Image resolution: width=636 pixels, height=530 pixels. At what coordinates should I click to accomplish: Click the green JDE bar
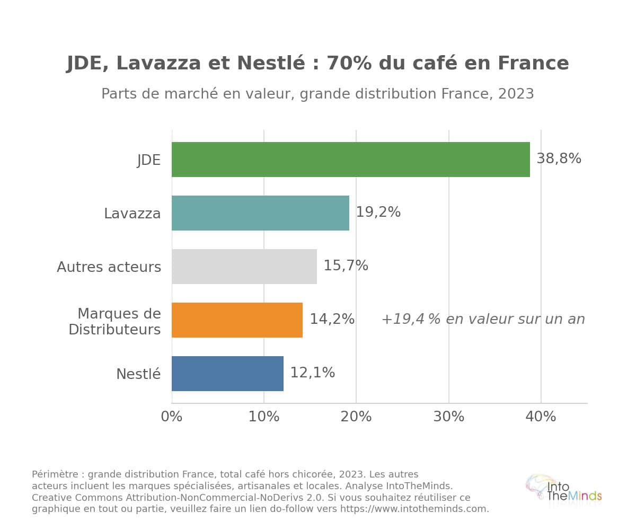pos(350,160)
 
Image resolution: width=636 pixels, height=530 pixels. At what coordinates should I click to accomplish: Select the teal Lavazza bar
pos(260,213)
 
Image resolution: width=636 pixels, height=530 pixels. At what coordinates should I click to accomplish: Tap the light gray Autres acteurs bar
pos(244,267)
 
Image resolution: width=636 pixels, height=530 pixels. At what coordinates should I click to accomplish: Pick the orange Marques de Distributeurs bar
pos(237,320)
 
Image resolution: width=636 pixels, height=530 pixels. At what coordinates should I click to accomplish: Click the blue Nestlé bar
pos(227,374)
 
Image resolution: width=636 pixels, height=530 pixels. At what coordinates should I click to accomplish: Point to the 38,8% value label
pos(559,158)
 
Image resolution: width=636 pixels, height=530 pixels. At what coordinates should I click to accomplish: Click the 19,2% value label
pos(378,212)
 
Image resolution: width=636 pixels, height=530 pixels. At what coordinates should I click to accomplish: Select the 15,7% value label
pos(346,266)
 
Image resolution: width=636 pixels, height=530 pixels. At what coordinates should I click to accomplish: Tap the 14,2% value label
pos(332,319)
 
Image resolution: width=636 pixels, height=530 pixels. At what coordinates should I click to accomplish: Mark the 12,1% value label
pos(313,373)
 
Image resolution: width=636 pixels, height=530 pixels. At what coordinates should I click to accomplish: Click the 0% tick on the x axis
pos(172,417)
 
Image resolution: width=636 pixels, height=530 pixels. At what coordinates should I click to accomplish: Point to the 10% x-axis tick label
pos(264,417)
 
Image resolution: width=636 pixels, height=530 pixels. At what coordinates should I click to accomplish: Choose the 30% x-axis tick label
pos(449,417)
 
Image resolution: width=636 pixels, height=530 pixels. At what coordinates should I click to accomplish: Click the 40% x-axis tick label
pos(541,417)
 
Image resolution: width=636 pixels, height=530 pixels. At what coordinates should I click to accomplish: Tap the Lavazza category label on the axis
pos(132,213)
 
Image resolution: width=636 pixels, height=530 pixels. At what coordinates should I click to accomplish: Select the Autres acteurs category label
pos(109,267)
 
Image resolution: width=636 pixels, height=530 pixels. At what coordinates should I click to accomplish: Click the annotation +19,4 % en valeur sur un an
pos(483,319)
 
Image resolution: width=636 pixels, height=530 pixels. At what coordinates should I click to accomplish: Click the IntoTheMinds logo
pos(563,492)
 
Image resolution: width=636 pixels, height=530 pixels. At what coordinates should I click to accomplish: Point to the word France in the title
pos(533,63)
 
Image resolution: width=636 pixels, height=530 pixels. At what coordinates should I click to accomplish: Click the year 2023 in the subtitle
pos(516,94)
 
